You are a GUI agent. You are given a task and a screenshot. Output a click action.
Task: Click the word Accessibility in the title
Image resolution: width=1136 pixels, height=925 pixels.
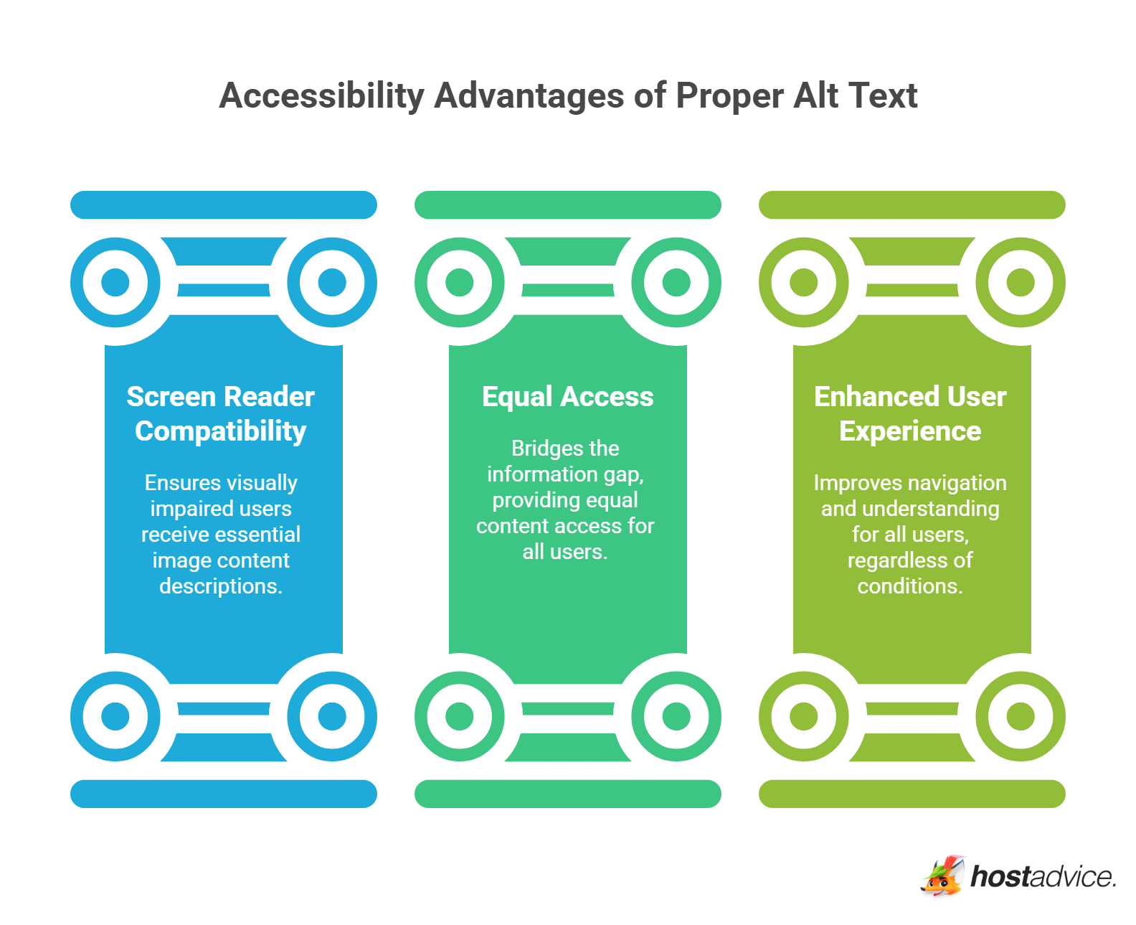(x=322, y=95)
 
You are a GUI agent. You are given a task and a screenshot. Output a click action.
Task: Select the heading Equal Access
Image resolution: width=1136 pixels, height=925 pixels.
(x=567, y=397)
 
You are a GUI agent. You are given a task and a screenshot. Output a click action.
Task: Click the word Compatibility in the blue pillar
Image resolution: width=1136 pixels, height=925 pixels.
(x=221, y=431)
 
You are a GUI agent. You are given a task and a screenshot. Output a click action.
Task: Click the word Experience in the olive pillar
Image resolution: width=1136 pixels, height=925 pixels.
(x=910, y=431)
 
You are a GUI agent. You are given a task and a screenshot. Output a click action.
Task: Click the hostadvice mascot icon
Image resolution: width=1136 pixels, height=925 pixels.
(x=942, y=876)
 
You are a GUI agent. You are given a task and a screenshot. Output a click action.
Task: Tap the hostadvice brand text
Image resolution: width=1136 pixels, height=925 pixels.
(x=1043, y=877)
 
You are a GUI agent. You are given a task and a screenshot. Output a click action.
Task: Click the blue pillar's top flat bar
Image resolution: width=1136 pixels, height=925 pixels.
(x=224, y=205)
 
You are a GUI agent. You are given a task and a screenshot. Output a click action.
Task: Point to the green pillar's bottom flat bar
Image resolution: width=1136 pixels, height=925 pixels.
(x=568, y=794)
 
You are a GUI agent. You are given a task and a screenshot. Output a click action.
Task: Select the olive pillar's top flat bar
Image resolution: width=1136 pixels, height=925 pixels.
(x=912, y=205)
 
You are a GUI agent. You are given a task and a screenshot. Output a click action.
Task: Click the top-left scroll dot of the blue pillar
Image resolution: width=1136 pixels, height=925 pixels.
(x=115, y=282)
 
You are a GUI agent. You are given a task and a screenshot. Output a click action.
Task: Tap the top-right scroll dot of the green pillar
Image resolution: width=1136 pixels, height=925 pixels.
(x=676, y=282)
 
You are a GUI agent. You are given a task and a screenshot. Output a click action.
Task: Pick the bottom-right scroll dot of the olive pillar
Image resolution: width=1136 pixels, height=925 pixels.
(x=1021, y=716)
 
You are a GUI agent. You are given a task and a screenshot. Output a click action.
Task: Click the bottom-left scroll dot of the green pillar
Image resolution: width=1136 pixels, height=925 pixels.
(x=460, y=716)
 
